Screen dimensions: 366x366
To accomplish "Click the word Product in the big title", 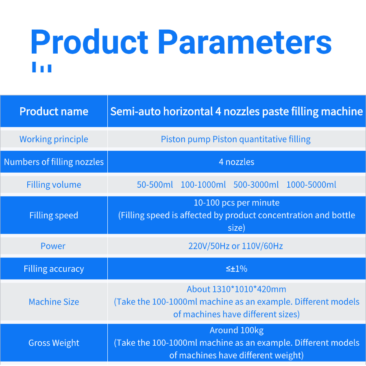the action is click(x=89, y=42).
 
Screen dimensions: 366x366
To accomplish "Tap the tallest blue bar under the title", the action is click(x=34, y=67).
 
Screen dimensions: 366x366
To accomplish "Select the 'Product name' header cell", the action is click(x=54, y=111).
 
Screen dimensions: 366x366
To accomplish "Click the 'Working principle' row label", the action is click(x=54, y=139).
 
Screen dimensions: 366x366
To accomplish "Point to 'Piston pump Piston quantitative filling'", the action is click(x=236, y=139).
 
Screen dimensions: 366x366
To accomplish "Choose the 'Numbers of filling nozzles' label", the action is click(x=54, y=162).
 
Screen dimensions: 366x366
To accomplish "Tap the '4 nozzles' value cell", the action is click(x=237, y=162).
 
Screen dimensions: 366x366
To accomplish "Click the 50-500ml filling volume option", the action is click(x=155, y=185).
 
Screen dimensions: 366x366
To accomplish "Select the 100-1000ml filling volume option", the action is click(x=203, y=185).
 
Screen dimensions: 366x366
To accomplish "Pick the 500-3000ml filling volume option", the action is click(x=256, y=185).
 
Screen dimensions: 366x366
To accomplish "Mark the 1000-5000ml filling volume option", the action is click(x=312, y=185).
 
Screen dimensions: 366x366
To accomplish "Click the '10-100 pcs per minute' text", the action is click(x=237, y=203).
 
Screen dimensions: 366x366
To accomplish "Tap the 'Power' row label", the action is click(x=53, y=246).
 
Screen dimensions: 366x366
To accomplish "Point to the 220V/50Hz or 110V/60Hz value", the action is click(x=235, y=246).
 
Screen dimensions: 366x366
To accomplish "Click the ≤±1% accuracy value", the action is click(x=237, y=269).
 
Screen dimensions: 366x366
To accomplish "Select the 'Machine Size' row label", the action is click(x=54, y=302).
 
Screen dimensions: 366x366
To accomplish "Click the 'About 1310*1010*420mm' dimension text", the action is click(x=236, y=289).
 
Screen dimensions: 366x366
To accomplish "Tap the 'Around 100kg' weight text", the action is click(x=237, y=330).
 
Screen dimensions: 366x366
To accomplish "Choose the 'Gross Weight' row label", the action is click(x=54, y=343).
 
